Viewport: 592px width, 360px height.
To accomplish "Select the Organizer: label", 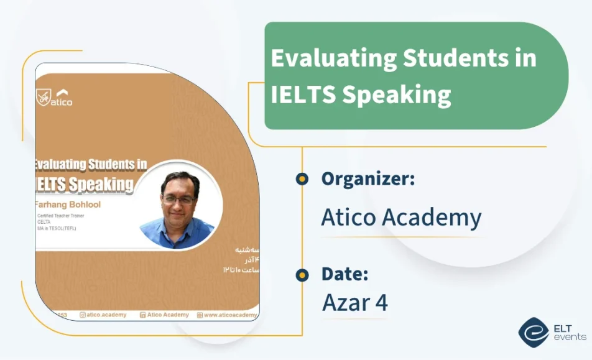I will (368, 179).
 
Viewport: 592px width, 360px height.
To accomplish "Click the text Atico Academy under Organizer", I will (401, 218).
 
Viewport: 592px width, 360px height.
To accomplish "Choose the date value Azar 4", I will (354, 303).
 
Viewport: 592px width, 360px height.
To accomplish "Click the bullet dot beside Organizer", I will (302, 180).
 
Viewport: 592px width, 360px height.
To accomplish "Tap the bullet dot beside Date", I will (302, 275).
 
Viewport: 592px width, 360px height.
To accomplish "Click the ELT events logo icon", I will (534, 331).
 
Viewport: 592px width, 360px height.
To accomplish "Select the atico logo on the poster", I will (54, 98).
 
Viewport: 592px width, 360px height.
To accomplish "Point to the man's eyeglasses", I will (178, 201).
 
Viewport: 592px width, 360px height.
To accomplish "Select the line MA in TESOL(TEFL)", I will (57, 228).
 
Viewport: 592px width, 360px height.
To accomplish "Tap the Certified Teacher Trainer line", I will (60, 216).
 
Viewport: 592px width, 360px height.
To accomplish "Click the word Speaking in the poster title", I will (101, 184).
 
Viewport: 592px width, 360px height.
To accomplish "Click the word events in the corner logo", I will (569, 337).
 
